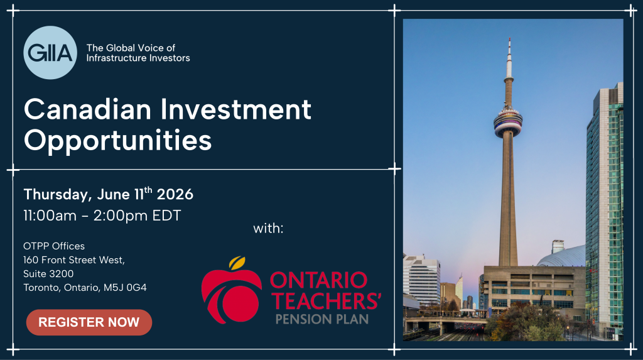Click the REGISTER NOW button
[89, 322]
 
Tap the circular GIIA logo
[50, 53]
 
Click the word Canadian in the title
[88, 109]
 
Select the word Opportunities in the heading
[117, 141]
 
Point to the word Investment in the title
[236, 109]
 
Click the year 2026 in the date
[175, 194]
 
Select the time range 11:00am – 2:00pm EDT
[102, 215]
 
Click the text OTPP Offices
[54, 246]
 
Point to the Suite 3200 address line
[49, 273]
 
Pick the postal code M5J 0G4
[125, 287]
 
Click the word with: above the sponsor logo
[268, 228]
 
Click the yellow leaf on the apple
[237, 262]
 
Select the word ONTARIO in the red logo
[318, 280]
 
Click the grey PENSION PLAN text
[322, 319]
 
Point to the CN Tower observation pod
[508, 121]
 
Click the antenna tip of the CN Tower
[510, 38]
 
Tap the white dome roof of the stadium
[562, 256]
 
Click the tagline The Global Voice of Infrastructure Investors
[138, 53]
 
